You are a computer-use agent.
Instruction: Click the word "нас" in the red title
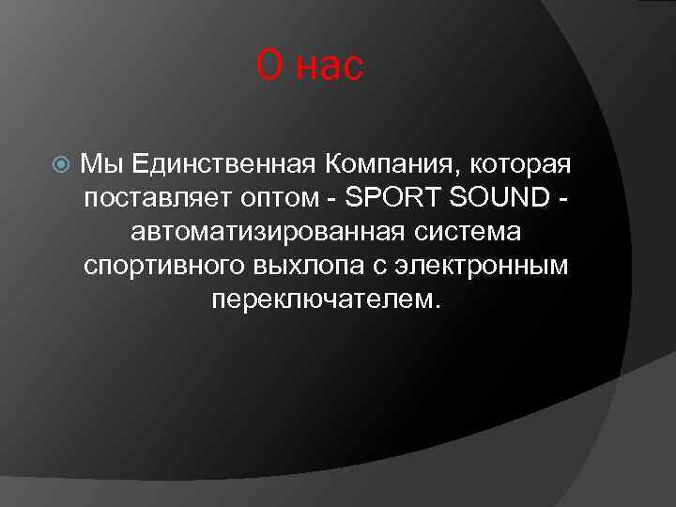(329, 67)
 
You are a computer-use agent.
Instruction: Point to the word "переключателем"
(324, 300)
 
